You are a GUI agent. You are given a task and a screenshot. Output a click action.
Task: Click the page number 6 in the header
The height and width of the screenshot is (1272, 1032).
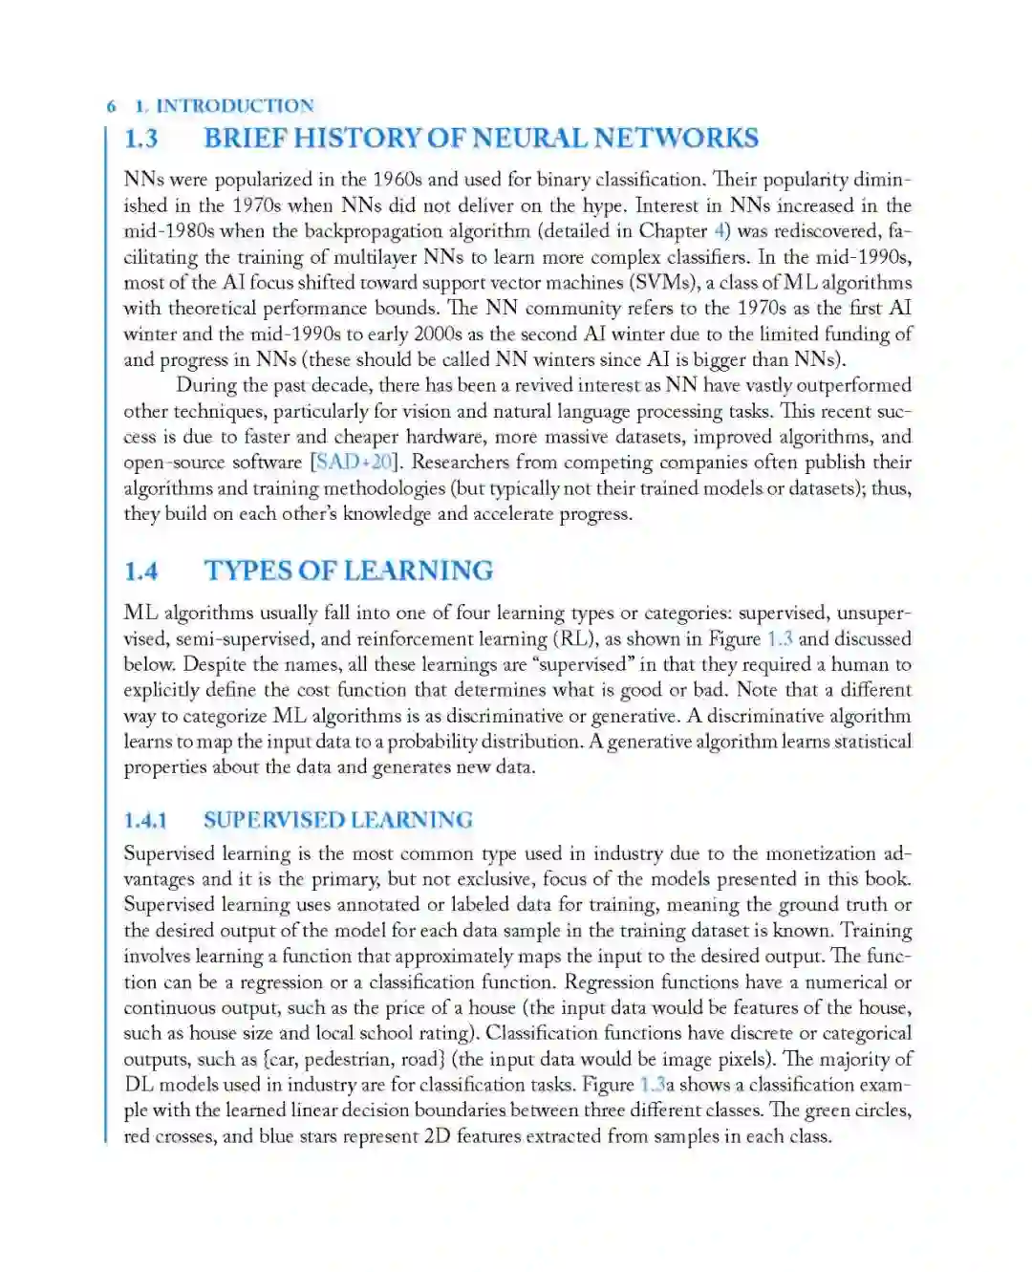pos(112,106)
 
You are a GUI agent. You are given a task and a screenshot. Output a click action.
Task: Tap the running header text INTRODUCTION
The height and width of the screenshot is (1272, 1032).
pos(234,106)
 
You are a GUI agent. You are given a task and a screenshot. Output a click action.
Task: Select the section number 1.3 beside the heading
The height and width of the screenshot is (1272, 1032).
pos(141,139)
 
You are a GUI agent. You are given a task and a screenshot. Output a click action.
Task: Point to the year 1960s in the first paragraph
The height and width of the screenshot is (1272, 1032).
pos(397,180)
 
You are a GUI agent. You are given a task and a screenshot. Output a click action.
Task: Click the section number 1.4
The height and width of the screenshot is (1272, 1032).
pos(141,571)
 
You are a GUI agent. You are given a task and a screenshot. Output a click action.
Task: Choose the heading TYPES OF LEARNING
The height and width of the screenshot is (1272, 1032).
pos(348,571)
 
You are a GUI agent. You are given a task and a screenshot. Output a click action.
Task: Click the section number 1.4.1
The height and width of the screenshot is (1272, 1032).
pos(145,821)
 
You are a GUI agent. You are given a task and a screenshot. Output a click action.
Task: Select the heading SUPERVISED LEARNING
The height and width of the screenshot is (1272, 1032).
pos(337,821)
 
